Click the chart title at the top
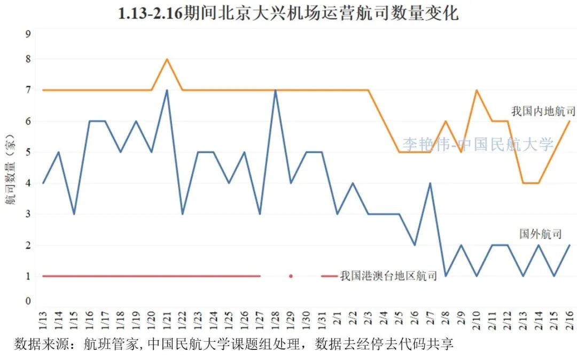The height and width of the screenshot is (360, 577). point(288,13)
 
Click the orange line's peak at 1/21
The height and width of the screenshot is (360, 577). point(167,59)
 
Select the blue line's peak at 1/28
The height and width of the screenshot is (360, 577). point(275,90)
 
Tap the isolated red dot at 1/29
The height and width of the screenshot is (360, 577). point(291,276)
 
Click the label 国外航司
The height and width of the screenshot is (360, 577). point(540,234)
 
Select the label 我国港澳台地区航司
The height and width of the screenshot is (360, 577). point(388,276)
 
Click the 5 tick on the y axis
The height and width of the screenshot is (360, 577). point(28,153)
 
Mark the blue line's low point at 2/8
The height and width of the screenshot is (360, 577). point(446,276)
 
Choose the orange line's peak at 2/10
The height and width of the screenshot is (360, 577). point(476,90)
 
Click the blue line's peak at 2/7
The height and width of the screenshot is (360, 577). point(430,183)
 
